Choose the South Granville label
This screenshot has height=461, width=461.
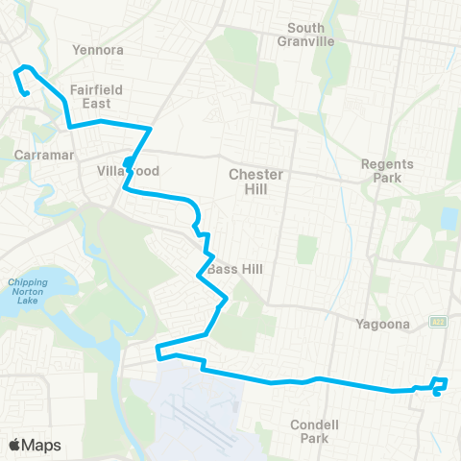(x=305, y=35)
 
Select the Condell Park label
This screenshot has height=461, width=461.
(x=316, y=431)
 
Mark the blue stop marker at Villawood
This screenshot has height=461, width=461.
(x=128, y=161)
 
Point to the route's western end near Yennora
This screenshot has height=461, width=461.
(x=26, y=93)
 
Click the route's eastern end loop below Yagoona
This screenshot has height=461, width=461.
(x=440, y=386)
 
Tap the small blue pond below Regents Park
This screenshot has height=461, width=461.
(x=449, y=218)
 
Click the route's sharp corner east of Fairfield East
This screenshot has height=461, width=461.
(x=151, y=127)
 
